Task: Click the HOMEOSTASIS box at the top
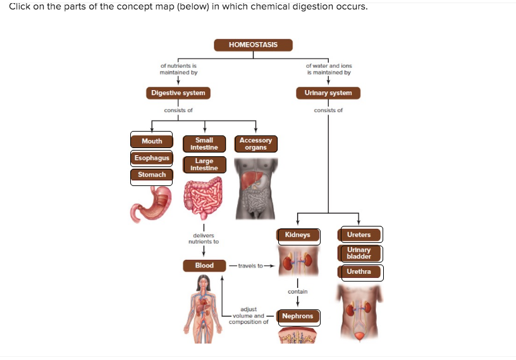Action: [253, 45]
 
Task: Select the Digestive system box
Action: [178, 93]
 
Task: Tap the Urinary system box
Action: [328, 93]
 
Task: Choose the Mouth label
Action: [152, 141]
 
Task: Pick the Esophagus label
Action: [152, 158]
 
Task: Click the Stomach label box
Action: [152, 175]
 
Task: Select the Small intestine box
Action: [204, 144]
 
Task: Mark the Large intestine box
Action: [204, 164]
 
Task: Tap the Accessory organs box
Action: [255, 144]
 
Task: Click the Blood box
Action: [204, 266]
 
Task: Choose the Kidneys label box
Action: [298, 235]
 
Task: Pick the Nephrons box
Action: [298, 316]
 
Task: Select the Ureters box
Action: [359, 235]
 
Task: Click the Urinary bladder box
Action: [359, 254]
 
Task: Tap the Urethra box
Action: [359, 272]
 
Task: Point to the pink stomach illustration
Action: [151, 203]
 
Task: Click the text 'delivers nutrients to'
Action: [204, 239]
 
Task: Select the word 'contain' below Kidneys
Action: [298, 292]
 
